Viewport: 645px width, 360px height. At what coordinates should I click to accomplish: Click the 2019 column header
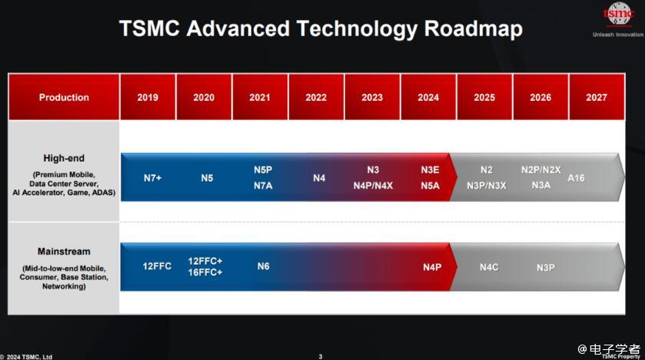pos(148,97)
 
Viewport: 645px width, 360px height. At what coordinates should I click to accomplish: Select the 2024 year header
pos(428,97)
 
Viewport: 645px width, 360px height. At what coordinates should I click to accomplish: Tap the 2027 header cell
pos(597,97)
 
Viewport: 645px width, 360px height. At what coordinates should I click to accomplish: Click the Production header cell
pos(64,97)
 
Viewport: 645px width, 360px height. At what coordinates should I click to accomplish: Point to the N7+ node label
pos(153,178)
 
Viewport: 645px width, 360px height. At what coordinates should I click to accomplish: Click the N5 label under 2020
pos(207,178)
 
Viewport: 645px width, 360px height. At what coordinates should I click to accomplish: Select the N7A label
pos(263,185)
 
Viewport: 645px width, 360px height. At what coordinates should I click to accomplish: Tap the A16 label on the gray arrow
pos(576,178)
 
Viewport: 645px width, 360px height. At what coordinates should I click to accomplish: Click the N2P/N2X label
pos(540,170)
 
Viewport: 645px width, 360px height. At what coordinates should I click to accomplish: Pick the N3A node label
pos(541,185)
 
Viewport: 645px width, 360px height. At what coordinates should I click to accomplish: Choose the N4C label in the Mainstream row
pos(489,267)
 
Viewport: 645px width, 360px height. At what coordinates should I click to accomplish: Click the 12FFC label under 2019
pos(157,266)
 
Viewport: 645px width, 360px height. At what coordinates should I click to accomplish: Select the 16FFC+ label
pos(204,272)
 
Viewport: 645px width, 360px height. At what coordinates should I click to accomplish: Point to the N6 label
pos(263,266)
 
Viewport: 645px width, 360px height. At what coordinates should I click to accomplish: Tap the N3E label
pos(430,170)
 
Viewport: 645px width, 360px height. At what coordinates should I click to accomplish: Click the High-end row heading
pos(64,158)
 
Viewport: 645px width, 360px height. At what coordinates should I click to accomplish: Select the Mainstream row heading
pos(64,252)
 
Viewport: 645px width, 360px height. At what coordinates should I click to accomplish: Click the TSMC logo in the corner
pos(618,15)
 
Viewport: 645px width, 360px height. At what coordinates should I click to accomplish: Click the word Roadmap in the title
pos(473,28)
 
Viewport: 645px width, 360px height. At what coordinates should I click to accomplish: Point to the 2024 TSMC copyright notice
pos(27,357)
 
